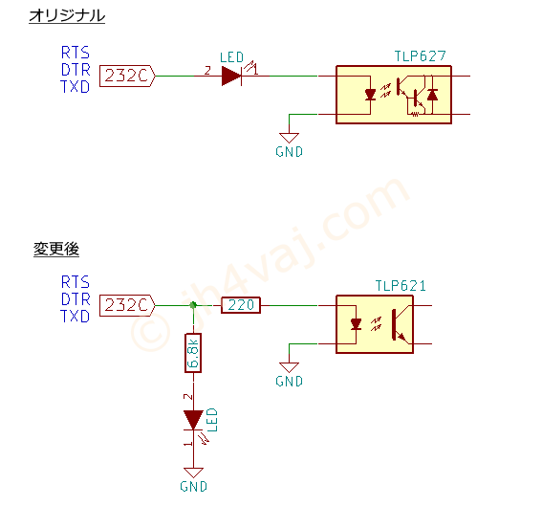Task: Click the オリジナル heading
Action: pos(67,16)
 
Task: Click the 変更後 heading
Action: pos(56,249)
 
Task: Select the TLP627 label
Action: pos(421,56)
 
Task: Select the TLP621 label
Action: pos(401,286)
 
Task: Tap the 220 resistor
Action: pos(241,305)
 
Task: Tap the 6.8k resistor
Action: pos(193,353)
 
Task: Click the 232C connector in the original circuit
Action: pos(127,76)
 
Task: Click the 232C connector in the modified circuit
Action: pos(127,305)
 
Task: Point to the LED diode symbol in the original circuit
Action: pos(231,76)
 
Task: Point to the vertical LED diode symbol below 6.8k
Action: pos(193,420)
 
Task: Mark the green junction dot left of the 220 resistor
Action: pos(193,305)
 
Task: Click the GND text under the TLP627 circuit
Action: pos(290,152)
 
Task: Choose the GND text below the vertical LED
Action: pos(193,487)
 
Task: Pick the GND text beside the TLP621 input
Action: pos(290,382)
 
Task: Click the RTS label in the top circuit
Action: pos(76,53)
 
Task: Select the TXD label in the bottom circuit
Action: pos(75,316)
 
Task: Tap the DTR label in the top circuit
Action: pos(76,70)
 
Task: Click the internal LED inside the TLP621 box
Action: pos(356,324)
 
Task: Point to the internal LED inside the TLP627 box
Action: pos(370,95)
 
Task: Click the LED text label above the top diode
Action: pos(232,57)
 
